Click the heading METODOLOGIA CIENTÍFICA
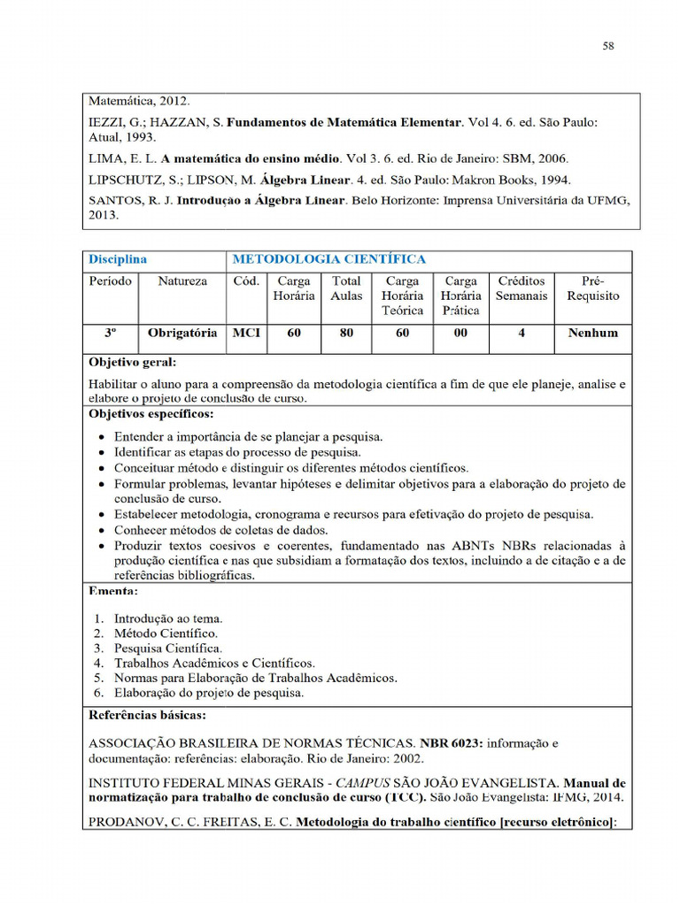(328, 259)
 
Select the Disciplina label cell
(117, 259)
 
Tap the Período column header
(111, 281)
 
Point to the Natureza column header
(182, 281)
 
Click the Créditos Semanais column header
(522, 288)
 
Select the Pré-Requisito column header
(593, 288)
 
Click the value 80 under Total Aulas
(346, 334)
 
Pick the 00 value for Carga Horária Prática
(460, 334)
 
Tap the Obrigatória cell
(182, 334)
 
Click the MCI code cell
(247, 334)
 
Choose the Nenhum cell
(593, 334)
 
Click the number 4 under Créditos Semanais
(522, 334)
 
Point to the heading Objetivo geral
(133, 362)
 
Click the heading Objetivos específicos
(151, 413)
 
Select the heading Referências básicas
(148, 714)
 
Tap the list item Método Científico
(166, 633)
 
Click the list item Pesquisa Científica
(167, 649)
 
